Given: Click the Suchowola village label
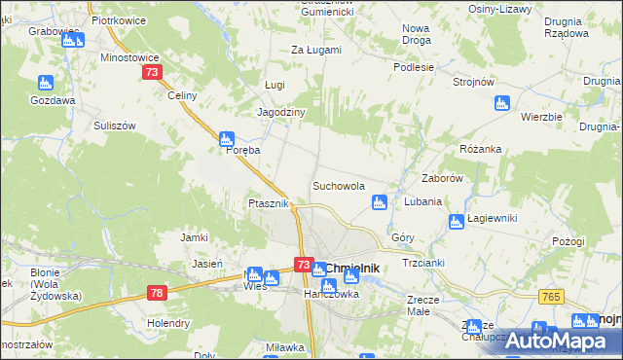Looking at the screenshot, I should coord(338,185).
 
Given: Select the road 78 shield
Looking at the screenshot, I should coord(158,292).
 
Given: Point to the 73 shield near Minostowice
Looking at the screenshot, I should coord(151,73).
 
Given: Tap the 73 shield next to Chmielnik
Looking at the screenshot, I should coord(303,265).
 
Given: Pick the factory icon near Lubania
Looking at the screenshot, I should coord(380,202).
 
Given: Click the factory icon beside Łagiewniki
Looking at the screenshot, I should coord(456,223).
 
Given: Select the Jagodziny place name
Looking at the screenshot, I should coord(280,112).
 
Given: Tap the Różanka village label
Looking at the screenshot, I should coord(480,149).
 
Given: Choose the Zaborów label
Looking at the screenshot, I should coord(440,179).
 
